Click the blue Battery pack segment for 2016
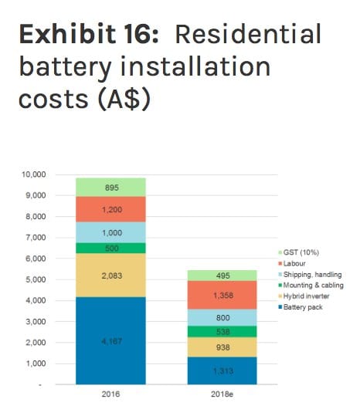tap(110, 340)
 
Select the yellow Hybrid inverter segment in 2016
tap(110, 275)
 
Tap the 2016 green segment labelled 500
tap(110, 248)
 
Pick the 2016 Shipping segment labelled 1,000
tap(110, 232)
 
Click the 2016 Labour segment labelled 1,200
tap(110, 209)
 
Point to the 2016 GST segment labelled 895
tap(110, 187)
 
